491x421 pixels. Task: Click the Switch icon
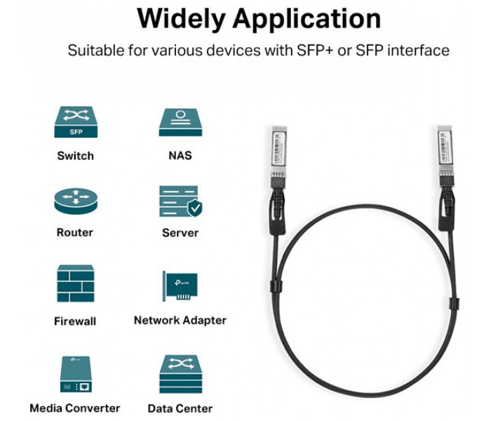pyautogui.click(x=74, y=122)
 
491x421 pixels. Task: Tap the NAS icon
pyautogui.click(x=180, y=122)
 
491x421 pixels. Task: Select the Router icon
pyautogui.click(x=74, y=202)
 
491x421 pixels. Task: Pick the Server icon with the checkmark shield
pyautogui.click(x=180, y=202)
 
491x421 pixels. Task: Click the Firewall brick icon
pyautogui.click(x=75, y=283)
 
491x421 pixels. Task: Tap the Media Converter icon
pyautogui.click(x=75, y=373)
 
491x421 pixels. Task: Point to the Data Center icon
pyautogui.click(x=180, y=373)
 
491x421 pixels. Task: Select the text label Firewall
pyautogui.click(x=75, y=321)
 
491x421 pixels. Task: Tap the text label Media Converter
pyautogui.click(x=75, y=408)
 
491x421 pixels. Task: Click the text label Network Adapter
pyautogui.click(x=180, y=320)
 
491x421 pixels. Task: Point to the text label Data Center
pyautogui.click(x=180, y=408)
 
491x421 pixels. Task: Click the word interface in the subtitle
pyautogui.click(x=419, y=51)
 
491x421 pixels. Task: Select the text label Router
pyautogui.click(x=75, y=232)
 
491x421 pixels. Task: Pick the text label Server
pyautogui.click(x=180, y=232)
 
